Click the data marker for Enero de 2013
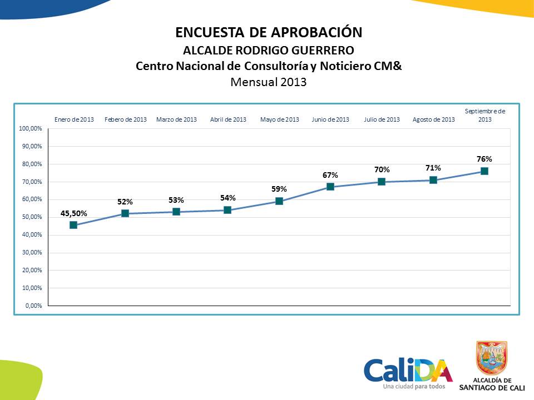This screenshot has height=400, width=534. (73, 225)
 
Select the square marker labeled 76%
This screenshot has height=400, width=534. (484, 171)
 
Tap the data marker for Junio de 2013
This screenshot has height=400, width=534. (330, 187)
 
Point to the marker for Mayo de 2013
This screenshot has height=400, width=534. (279, 201)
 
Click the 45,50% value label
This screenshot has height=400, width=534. (74, 213)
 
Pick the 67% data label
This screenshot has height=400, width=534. (330, 175)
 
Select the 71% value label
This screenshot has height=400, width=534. (433, 168)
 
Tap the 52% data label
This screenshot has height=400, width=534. (125, 202)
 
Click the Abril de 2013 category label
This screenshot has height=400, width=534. (228, 119)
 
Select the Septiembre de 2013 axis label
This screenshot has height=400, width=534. (484, 115)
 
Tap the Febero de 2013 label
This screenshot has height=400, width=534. (126, 119)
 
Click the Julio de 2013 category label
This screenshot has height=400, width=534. (382, 119)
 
